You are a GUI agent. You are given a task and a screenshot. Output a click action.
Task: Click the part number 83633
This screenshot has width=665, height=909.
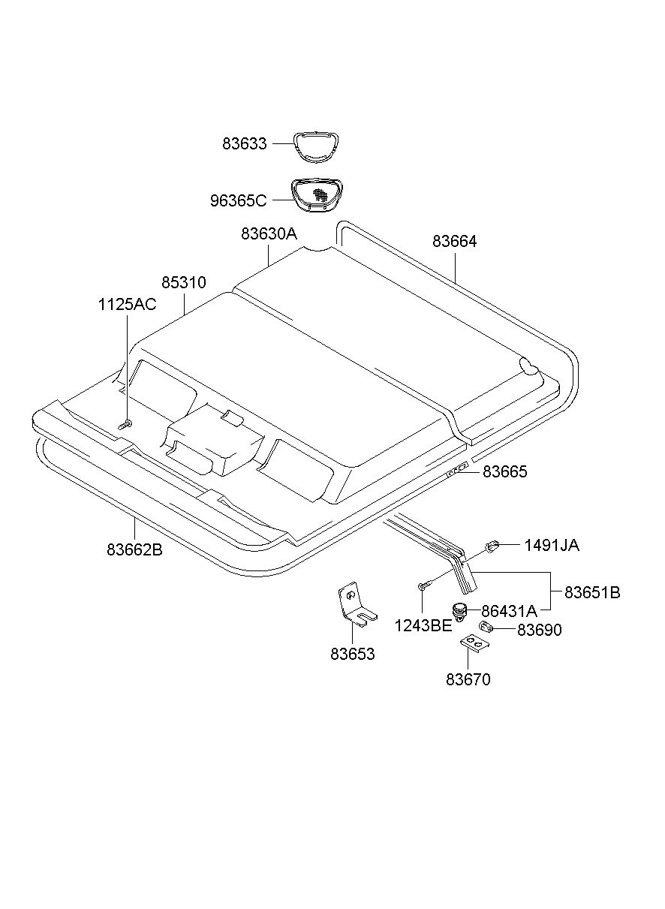[244, 143]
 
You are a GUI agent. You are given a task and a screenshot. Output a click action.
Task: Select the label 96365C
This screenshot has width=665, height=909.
[238, 201]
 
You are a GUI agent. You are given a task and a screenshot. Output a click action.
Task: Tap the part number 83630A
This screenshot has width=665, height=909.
[269, 233]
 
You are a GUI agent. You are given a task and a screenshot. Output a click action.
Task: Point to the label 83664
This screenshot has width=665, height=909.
[455, 242]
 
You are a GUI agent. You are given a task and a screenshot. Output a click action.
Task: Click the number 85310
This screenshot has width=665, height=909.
[183, 282]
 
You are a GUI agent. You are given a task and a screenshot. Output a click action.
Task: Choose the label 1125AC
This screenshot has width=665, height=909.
[127, 304]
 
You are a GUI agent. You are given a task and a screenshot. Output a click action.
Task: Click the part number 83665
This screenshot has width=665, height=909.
[505, 472]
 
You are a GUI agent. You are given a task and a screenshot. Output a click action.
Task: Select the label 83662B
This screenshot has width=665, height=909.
[134, 549]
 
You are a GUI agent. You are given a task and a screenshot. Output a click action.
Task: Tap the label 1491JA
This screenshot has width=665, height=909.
[552, 546]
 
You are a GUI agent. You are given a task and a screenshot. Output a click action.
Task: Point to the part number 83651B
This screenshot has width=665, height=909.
[592, 592]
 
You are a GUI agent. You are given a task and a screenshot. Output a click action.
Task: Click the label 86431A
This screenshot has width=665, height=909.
[509, 610]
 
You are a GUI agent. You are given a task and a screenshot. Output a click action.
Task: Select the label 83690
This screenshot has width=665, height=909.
[539, 631]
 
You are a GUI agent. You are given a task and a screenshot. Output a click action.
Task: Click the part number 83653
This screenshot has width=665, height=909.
[352, 654]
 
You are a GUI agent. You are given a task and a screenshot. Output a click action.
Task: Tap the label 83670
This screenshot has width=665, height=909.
[468, 680]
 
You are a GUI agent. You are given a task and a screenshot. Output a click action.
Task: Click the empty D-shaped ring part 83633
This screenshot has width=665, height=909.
[315, 145]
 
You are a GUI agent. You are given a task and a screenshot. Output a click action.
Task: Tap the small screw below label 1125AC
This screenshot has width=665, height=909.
[125, 425]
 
